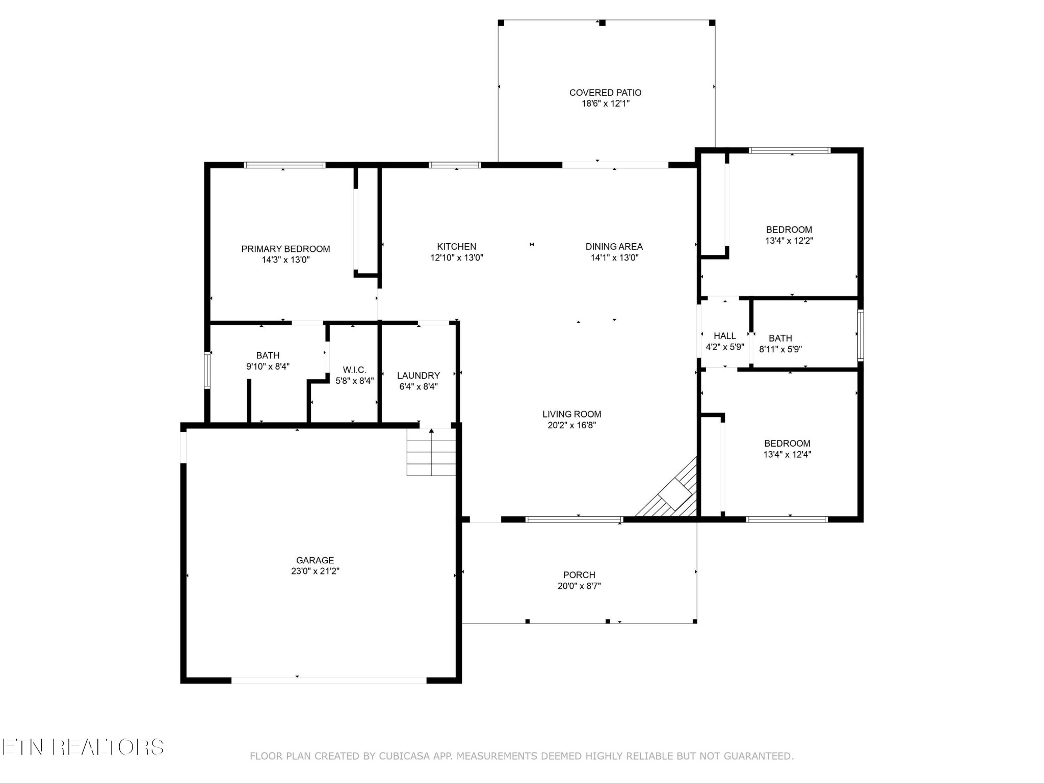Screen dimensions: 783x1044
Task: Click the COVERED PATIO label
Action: (x=605, y=93)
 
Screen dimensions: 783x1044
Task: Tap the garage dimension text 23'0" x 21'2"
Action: (x=315, y=571)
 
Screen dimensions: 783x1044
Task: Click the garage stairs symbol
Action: (x=431, y=452)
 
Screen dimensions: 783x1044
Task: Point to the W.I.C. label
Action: (x=354, y=370)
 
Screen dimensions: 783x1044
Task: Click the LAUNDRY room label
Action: (x=418, y=376)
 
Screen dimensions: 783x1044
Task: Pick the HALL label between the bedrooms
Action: (x=724, y=336)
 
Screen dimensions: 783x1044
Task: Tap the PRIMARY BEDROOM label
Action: (x=285, y=249)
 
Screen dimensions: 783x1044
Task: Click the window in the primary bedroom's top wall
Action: (x=284, y=165)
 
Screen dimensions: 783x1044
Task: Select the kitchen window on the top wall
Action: (x=455, y=165)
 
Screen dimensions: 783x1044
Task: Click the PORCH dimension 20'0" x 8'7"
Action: (x=579, y=586)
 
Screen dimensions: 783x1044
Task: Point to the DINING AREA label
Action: (x=614, y=247)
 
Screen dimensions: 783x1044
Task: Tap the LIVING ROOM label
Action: (x=571, y=414)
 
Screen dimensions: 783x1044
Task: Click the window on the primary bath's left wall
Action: (x=207, y=371)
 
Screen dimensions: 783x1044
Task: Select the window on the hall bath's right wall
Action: (x=860, y=335)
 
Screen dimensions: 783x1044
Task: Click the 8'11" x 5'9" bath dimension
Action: (x=780, y=350)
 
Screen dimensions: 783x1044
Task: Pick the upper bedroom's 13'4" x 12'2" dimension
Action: (x=789, y=241)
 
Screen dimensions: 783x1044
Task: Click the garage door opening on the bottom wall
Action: (x=329, y=680)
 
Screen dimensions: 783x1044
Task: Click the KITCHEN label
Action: (x=456, y=247)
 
